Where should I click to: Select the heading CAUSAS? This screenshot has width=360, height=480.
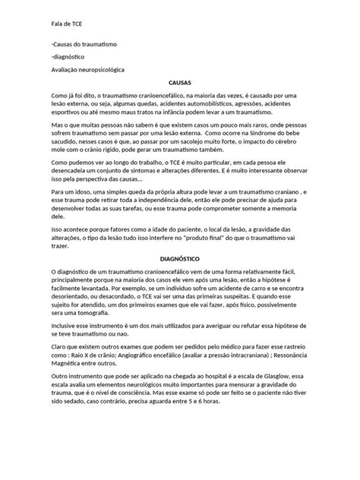[179, 81]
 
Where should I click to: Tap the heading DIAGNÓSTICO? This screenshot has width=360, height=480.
[179, 258]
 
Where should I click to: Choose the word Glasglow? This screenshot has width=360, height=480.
[273, 377]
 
